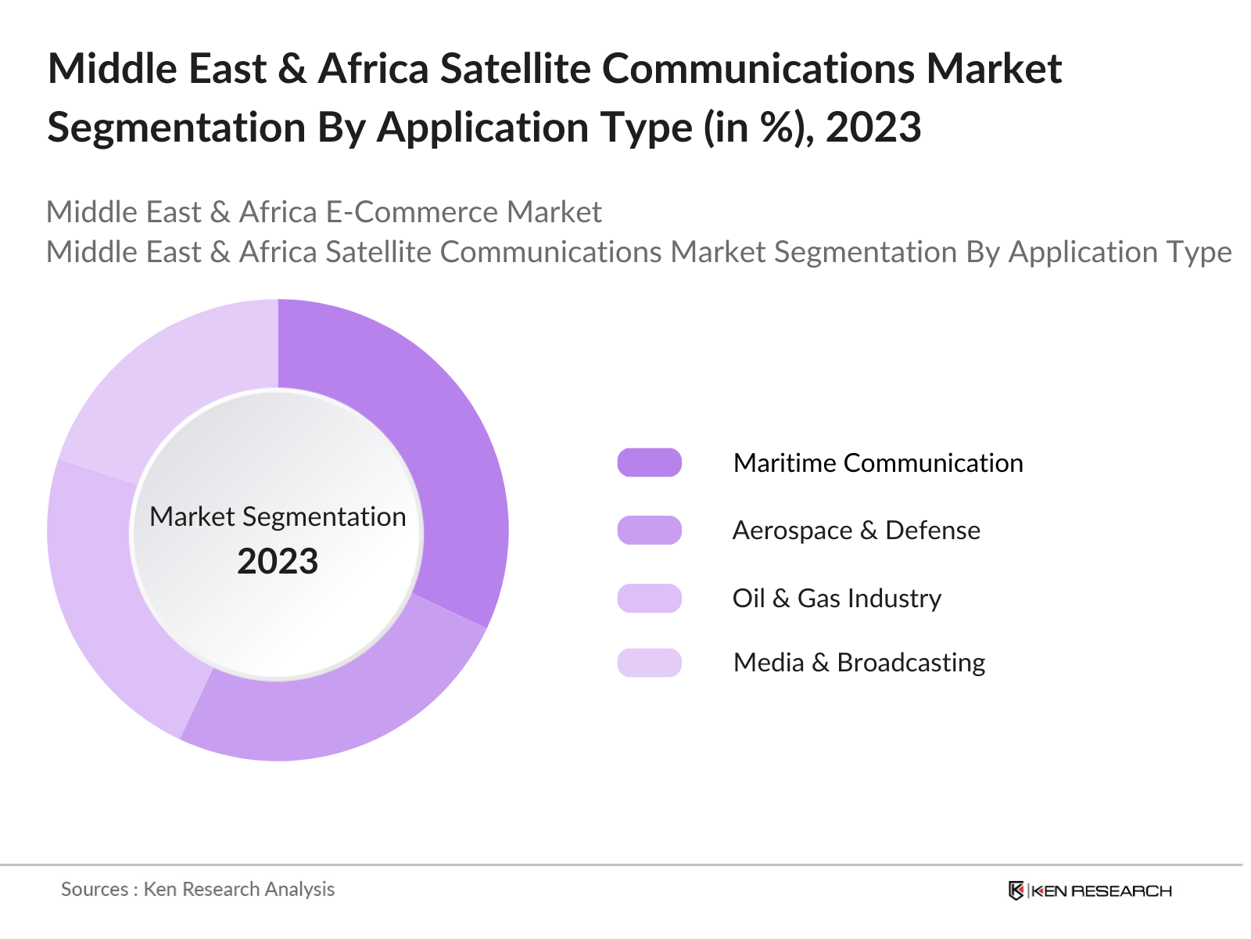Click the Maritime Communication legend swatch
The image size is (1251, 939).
click(649, 462)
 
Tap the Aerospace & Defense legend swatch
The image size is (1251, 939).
click(649, 530)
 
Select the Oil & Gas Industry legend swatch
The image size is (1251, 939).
click(649, 598)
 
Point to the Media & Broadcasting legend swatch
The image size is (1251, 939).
click(649, 663)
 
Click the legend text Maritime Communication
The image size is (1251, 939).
click(877, 462)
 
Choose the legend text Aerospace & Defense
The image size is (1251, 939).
click(855, 530)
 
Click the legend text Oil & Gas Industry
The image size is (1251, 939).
click(837, 598)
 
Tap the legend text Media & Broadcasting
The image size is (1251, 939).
click(858, 663)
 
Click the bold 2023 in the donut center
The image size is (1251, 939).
click(278, 561)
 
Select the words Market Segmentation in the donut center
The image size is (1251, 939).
click(278, 516)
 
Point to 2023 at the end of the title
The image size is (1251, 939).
click(873, 127)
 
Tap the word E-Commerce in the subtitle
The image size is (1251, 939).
click(410, 212)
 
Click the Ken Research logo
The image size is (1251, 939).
click(1089, 890)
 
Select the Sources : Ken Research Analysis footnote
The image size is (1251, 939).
click(198, 889)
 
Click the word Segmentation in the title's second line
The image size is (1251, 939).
click(175, 127)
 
